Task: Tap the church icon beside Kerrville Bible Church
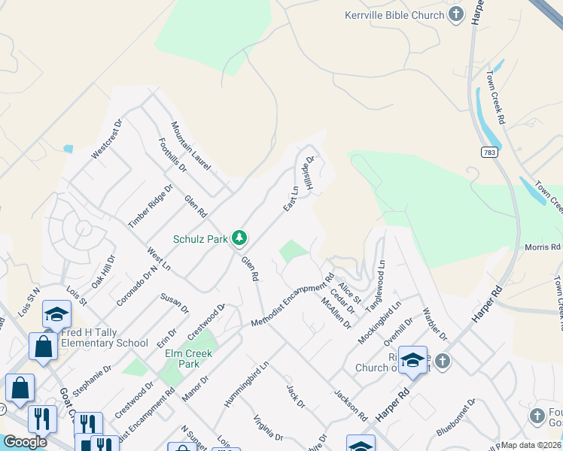(455, 14)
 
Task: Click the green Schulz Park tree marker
(239, 238)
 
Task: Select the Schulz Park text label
(200, 239)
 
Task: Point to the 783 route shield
(490, 152)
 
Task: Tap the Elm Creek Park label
(190, 359)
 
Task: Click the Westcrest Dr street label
(106, 139)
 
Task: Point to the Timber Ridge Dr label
(151, 206)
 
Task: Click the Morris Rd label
(543, 247)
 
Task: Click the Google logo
(25, 442)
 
